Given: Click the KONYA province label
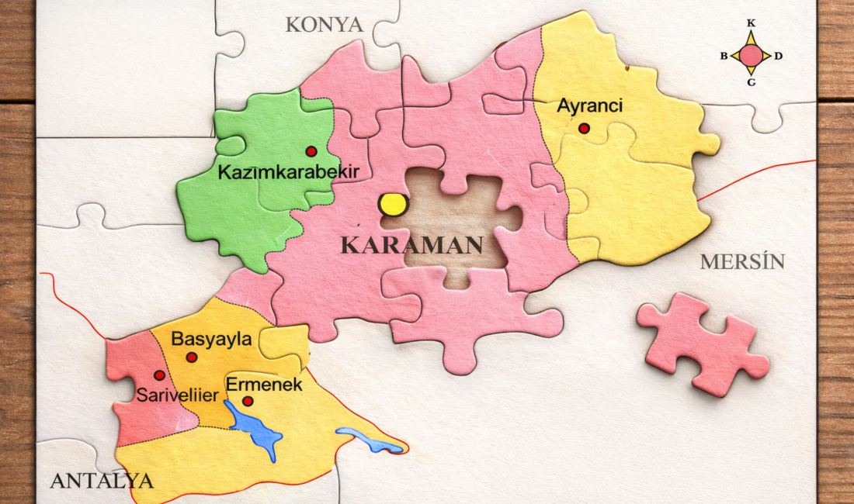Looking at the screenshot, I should coord(324,25).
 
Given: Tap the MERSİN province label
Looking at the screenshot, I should coord(742,262).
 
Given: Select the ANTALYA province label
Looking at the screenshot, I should coord(102,481).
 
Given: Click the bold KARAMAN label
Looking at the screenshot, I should coord(412,246).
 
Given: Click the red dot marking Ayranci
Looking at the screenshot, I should coord(584,128).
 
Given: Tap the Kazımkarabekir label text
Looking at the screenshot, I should coord(288,172).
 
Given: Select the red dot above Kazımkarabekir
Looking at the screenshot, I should coord(311,151).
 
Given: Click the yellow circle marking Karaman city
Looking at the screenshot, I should coord(393,205).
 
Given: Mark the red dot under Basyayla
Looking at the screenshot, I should coord(191,357).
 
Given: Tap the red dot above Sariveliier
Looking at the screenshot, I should coord(159,375).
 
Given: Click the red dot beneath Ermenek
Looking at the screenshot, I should coord(248,401).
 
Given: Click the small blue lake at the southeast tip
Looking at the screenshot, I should coord(369,440).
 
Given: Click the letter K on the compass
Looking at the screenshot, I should coord(751,23).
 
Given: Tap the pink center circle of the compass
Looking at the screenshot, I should coord(751,56).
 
